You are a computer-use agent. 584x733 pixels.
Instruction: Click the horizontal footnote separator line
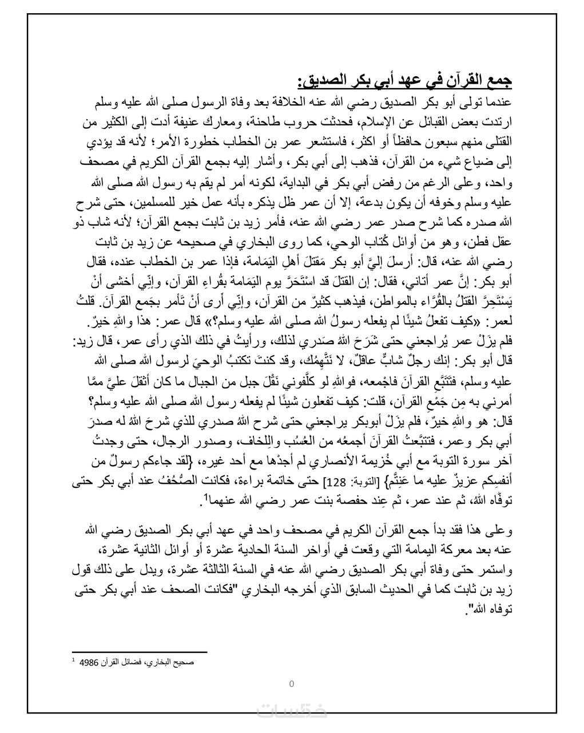[140, 651]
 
